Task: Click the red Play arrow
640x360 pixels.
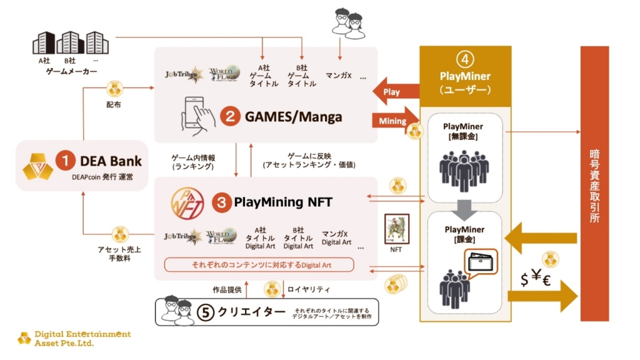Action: [394, 92]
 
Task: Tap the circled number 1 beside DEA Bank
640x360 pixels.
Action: [66, 161]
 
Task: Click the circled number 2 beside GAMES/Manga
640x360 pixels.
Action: [230, 116]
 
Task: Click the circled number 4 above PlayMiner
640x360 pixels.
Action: [464, 61]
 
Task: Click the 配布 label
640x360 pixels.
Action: [114, 104]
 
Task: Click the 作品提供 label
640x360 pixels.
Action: [226, 289]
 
